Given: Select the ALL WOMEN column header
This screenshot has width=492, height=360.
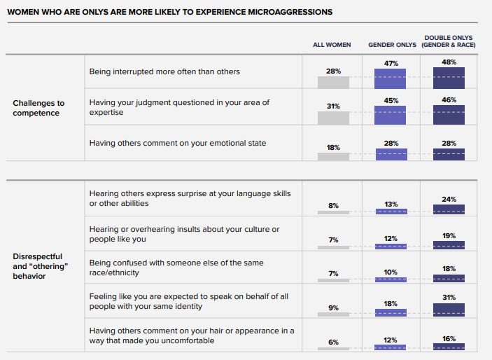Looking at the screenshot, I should coord(332,45).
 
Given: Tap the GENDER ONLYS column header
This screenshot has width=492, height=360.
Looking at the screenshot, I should coord(392,45).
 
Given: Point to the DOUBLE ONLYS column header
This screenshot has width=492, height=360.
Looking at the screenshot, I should coord(448,41).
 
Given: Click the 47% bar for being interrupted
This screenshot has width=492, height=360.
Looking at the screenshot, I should coord(391,78).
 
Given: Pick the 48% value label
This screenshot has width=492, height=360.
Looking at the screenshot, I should coord(449,61).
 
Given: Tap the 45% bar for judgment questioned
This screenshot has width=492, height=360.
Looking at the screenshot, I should coord(391,115).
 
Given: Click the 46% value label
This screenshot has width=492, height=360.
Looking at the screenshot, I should coord(449,100).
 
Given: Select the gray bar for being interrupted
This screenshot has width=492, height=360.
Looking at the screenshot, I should coord(333,82).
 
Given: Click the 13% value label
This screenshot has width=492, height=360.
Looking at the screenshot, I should coord(391,204).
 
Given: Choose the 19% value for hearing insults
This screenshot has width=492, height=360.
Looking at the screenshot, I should coord(449,235).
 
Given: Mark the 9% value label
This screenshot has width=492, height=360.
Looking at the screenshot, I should coord(333,307).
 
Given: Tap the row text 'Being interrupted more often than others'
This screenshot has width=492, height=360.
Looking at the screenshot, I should coord(164,71).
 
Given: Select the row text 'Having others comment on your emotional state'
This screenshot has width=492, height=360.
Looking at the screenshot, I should coord(178,143).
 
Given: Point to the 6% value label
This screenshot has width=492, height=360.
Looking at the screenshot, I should coord(333,342).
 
